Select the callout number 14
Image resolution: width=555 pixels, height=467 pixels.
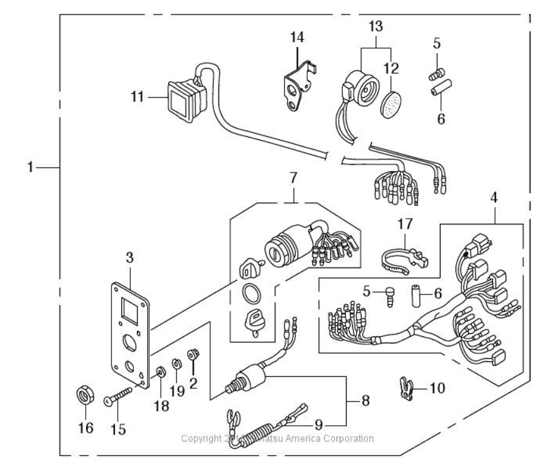coord(297,38)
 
